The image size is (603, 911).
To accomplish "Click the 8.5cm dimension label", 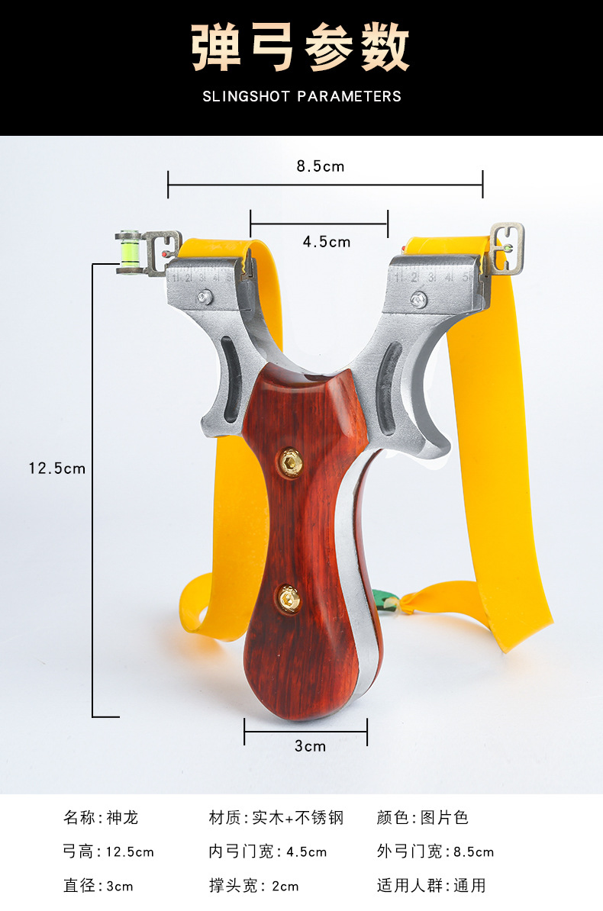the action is click(x=321, y=166).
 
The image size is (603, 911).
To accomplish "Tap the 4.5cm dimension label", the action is click(x=327, y=242).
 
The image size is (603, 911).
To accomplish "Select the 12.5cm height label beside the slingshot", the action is click(x=57, y=468).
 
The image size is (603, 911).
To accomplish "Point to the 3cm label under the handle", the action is click(x=310, y=746).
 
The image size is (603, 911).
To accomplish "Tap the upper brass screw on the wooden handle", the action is click(x=289, y=462).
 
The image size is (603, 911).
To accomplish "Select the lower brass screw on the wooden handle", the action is click(x=289, y=598).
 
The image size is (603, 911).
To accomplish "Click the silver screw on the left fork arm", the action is click(x=204, y=298).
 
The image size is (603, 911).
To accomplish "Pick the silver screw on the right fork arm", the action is click(x=418, y=300).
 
